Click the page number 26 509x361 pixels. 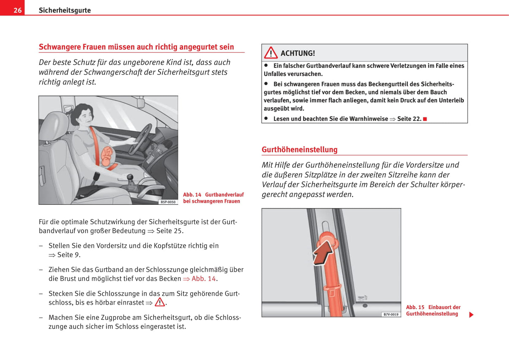coord(17,10)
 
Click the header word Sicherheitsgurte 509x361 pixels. coord(64,10)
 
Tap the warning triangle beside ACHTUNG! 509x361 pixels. coord(271,53)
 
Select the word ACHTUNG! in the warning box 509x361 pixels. coord(298,53)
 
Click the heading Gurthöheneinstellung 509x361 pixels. coord(299,150)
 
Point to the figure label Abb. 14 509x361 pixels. coord(192,195)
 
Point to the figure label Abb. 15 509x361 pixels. coord(415,307)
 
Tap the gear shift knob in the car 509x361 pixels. coord(130,177)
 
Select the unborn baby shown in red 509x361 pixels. coord(107,157)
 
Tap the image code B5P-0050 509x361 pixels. coord(168,202)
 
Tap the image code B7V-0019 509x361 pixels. coord(391,314)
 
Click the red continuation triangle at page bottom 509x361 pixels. coord(471,315)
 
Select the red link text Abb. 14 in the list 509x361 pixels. coord(203,279)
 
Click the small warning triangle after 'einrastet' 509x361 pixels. coord(160,302)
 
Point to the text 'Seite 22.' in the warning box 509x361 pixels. coord(409,119)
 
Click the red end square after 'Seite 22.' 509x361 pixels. coord(425,119)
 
